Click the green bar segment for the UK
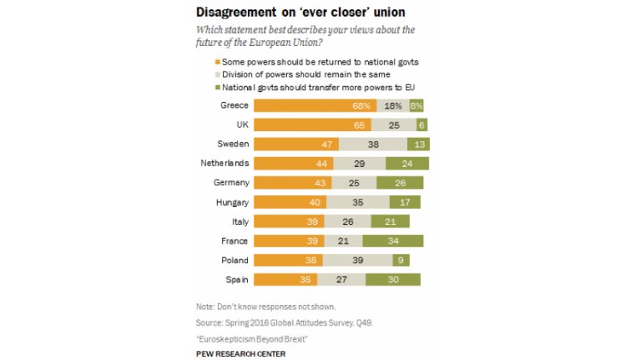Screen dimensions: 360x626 click(x=422, y=125)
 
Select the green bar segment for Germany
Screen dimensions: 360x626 click(x=400, y=183)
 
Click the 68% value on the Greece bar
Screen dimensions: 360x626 click(x=361, y=106)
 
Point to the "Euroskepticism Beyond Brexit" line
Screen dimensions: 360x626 click(x=250, y=338)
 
